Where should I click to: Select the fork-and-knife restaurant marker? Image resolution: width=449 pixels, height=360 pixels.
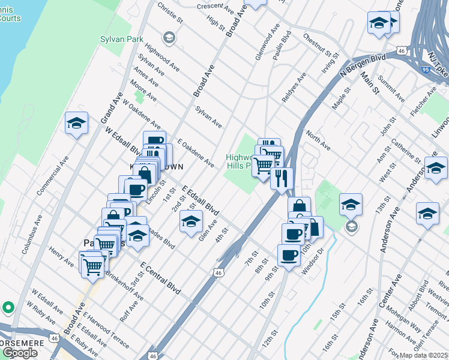(281, 178)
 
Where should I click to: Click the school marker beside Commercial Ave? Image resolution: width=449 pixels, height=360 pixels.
(76, 124)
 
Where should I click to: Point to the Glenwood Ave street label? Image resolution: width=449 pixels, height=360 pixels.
(268, 41)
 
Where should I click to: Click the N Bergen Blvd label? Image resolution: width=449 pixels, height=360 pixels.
(362, 67)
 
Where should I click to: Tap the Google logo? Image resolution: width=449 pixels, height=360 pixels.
(20, 353)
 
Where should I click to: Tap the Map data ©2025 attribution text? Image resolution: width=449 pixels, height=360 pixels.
(423, 355)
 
